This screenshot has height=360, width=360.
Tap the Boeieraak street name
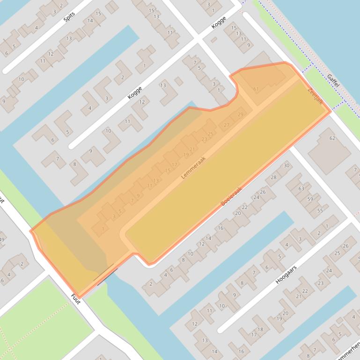pos(231,197)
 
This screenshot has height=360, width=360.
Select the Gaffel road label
pos(333,80)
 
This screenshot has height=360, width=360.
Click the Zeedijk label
pos(315,95)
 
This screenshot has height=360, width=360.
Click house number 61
pos(256,89)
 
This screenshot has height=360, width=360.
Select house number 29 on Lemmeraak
pos(241,115)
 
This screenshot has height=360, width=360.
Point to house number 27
pos(227,125)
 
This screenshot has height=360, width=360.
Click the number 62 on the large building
pos(332,138)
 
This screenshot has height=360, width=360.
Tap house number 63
pos(301,189)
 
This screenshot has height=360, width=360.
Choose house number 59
pos(310,199)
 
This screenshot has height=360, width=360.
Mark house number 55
pos(320,210)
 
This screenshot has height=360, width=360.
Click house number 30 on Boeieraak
pos(286,166)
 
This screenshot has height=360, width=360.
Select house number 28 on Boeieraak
pos(273,177)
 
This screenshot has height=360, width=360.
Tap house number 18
pos(260,330)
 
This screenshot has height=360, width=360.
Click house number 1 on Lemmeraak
pos(103,229)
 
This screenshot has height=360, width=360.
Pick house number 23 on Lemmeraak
pos(204,139)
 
